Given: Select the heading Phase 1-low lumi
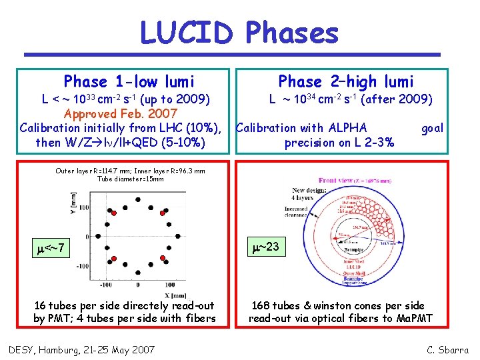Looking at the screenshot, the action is pyautogui.click(x=129, y=82).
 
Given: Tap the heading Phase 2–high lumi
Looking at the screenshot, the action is pyautogui.click(x=346, y=82).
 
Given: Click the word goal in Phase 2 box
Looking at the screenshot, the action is pyautogui.click(x=432, y=128).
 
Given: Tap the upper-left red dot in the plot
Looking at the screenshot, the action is pyautogui.click(x=114, y=213).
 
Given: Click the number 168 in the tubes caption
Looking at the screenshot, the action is pyautogui.click(x=261, y=306).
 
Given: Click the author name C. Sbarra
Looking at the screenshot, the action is pyautogui.click(x=447, y=349).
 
